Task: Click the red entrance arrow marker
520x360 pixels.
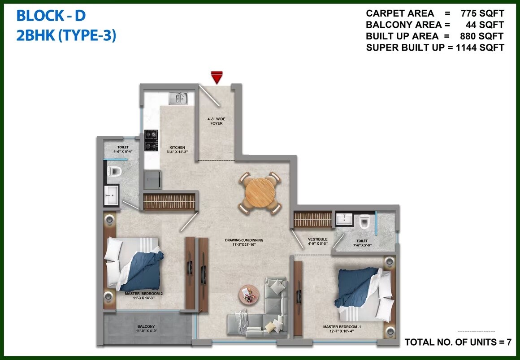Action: (217, 78)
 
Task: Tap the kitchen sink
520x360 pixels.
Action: (178, 98)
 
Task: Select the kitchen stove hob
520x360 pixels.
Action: (151, 140)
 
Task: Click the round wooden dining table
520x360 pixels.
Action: (260, 193)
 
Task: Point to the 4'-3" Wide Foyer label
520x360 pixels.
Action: (216, 121)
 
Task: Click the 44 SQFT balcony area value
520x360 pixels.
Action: (485, 25)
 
